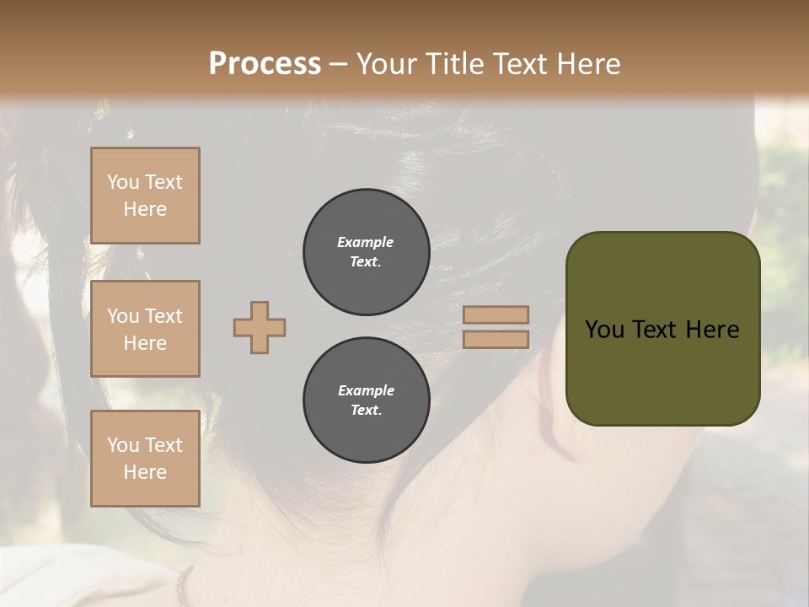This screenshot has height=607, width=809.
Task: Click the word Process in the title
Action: point(265,64)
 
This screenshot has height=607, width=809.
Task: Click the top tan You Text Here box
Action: point(145,196)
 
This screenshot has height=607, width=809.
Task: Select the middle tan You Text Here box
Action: point(145,329)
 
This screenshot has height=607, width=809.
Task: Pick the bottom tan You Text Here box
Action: point(145,459)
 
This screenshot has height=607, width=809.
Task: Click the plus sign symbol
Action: point(260,327)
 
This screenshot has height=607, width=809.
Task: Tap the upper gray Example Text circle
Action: point(366,252)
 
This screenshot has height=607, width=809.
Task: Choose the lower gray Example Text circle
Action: point(366,400)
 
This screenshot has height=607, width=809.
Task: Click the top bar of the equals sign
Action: point(496,314)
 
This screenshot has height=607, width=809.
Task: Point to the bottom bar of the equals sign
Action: point(496,339)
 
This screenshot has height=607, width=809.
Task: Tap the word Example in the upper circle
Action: point(366,242)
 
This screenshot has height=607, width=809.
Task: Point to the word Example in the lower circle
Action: point(366,390)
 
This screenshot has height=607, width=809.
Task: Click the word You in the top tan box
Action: point(123,182)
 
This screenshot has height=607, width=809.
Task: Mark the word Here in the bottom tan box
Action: point(145,472)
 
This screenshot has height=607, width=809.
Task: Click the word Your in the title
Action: point(384,64)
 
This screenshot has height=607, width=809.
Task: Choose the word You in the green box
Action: point(603,330)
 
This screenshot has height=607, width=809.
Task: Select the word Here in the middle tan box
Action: point(145,343)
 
